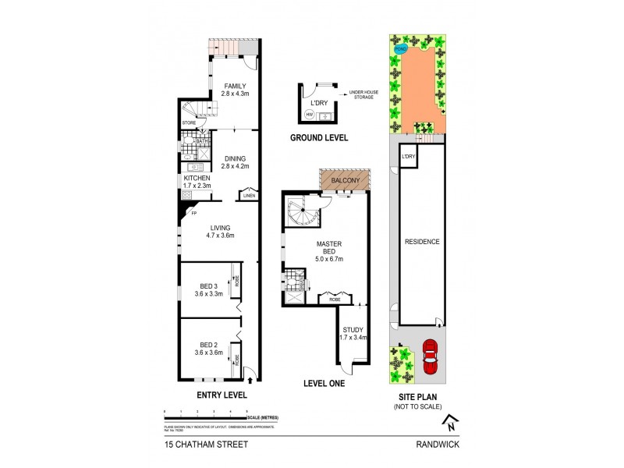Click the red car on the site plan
coord(428,357)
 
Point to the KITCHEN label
coord(196,182)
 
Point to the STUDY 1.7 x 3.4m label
coord(353,334)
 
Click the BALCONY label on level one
coord(344,181)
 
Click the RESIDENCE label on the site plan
coord(421,242)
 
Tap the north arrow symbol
coord(449,424)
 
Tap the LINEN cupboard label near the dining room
coord(249,196)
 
